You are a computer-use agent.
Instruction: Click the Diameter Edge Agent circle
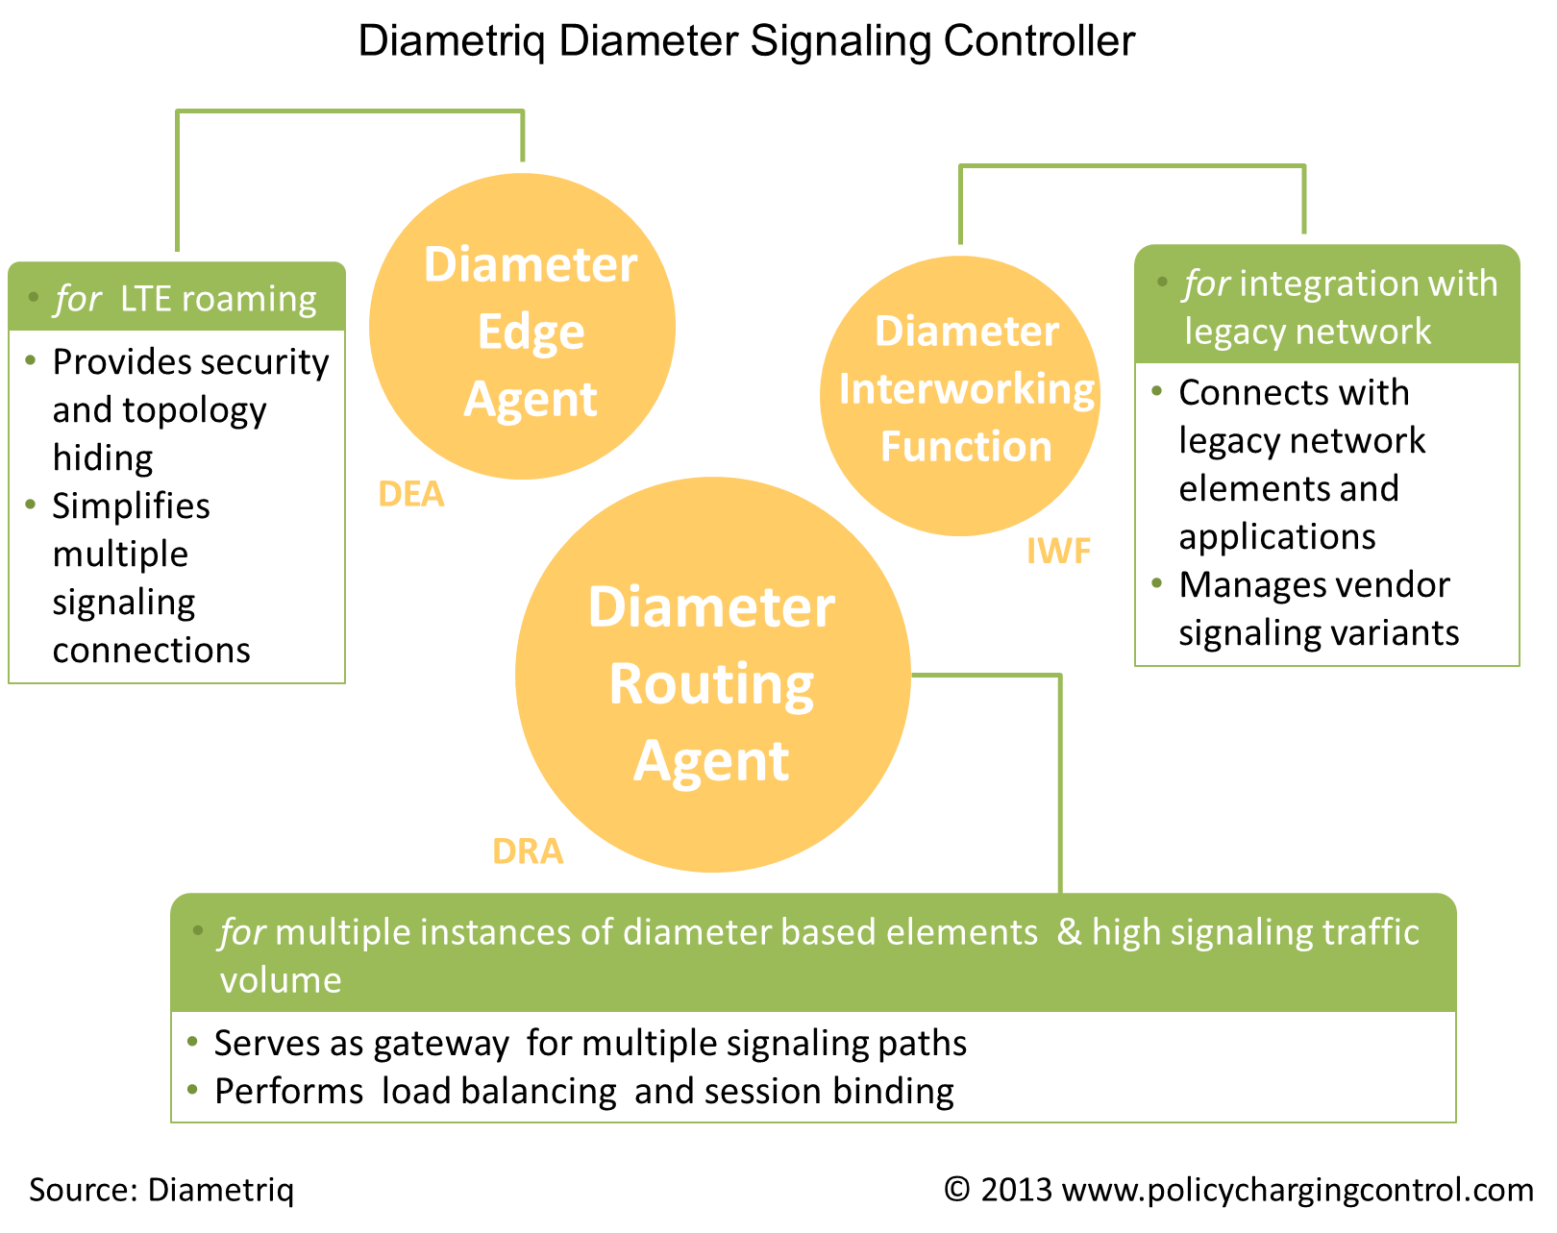(522, 327)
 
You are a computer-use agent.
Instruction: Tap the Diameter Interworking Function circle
(960, 395)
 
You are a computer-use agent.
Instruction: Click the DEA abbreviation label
(411, 494)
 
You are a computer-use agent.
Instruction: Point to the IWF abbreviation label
(1058, 551)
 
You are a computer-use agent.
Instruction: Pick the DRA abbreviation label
(528, 851)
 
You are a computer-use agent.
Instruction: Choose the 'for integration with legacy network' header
(1326, 307)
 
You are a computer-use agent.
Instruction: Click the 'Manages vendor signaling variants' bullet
(1318, 608)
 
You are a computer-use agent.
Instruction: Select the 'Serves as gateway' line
(589, 1043)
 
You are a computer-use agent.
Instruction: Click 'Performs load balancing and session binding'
(583, 1091)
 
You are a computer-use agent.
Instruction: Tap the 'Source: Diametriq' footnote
(161, 1190)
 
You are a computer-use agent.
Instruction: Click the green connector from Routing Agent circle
(1059, 769)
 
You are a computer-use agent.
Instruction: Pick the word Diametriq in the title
(451, 41)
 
